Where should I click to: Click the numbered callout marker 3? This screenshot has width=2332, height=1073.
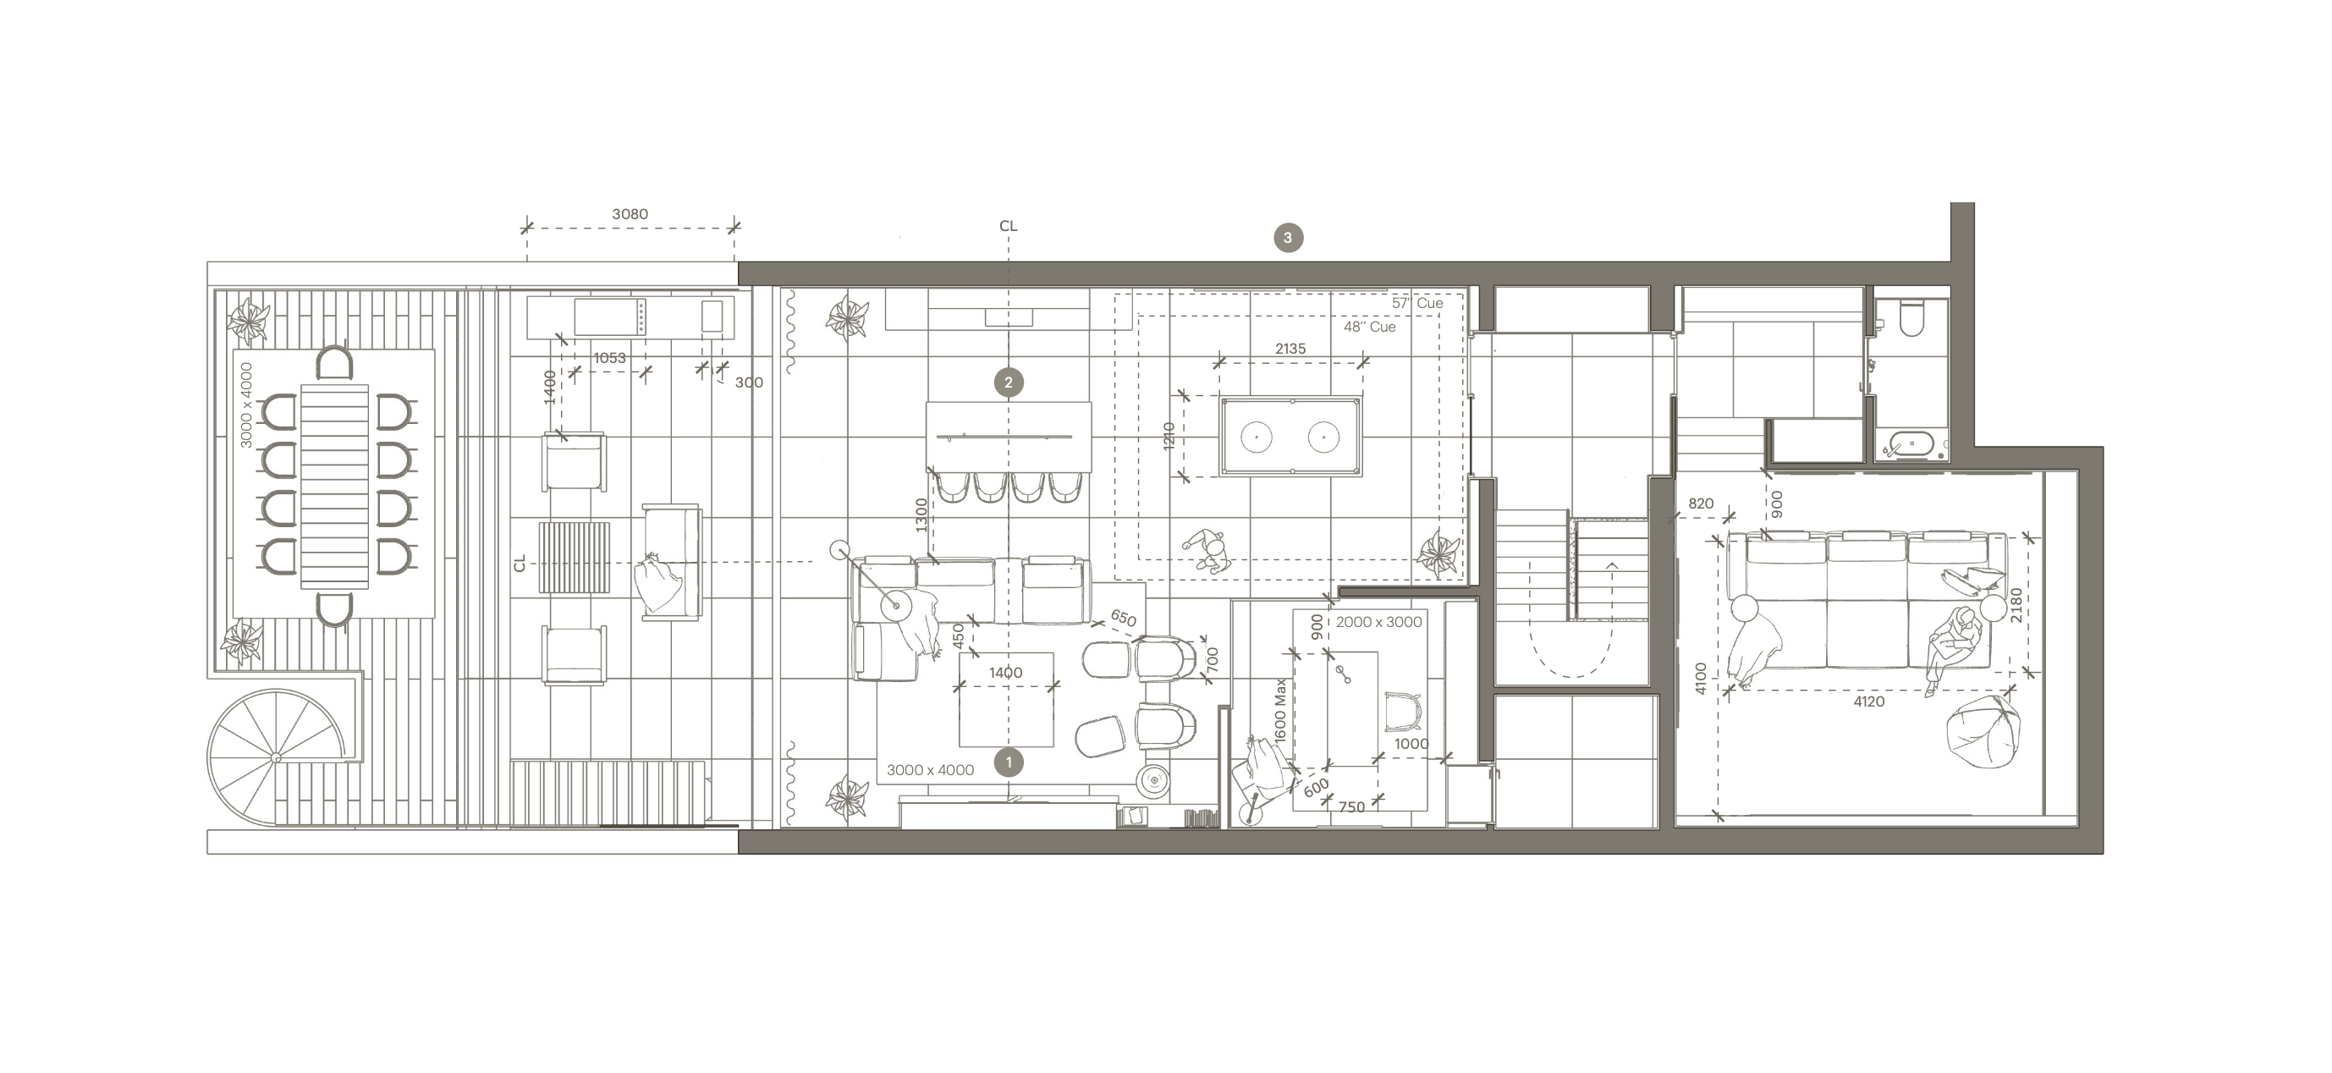pos(1288,238)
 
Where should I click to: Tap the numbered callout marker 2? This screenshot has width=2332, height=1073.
pos(1009,382)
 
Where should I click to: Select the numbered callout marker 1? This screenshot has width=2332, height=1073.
pos(1009,762)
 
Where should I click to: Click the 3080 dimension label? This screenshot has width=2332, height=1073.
pos(630,215)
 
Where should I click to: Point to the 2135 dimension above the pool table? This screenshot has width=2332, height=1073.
pos(1290,349)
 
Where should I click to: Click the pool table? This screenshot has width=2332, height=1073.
pos(1290,437)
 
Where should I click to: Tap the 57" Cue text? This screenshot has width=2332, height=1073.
pos(1417,303)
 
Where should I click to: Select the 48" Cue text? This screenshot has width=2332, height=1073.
pos(1369,327)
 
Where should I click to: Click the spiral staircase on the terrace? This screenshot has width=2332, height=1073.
pos(277,757)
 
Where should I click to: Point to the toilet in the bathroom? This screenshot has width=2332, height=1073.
pos(1911,317)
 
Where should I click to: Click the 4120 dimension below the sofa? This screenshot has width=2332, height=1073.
pos(1868,702)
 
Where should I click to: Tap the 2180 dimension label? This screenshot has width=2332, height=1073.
pos(2016,605)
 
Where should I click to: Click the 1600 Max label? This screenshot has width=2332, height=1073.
pos(1280,712)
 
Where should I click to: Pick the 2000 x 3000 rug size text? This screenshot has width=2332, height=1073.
pos(1378,622)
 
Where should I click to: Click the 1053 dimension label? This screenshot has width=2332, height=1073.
pos(609,359)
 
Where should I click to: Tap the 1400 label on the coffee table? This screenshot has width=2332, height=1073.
pos(1006,673)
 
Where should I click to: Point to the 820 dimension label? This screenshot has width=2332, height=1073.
pos(1701,504)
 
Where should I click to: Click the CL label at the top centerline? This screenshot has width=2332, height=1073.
pos(1008,227)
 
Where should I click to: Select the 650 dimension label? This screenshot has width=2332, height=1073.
pos(1123,619)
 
